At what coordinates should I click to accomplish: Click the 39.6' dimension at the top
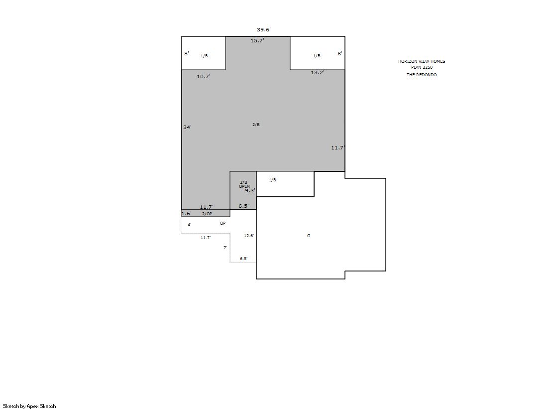[264, 29]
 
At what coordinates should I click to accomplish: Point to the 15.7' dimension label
[257, 40]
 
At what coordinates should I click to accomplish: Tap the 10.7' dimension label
[204, 76]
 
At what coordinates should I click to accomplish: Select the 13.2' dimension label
[318, 73]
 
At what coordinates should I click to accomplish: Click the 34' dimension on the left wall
[188, 128]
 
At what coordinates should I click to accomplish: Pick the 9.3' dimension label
[250, 191]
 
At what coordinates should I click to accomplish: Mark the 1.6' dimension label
[187, 214]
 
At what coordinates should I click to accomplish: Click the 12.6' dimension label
[249, 236]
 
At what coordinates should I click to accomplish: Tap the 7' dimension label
[225, 248]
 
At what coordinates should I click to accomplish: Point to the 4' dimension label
[190, 225]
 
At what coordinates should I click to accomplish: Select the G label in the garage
[309, 236]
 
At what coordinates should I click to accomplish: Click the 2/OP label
[207, 214]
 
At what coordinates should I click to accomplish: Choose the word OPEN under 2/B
[244, 186]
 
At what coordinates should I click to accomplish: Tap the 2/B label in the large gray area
[256, 125]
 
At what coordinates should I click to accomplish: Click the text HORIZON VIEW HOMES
[422, 61]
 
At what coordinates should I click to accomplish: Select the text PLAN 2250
[422, 67]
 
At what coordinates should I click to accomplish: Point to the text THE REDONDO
[422, 75]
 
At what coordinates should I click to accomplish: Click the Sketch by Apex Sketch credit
[29, 406]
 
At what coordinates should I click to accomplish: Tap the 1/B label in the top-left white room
[204, 56]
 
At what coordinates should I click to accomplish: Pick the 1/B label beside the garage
[272, 180]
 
